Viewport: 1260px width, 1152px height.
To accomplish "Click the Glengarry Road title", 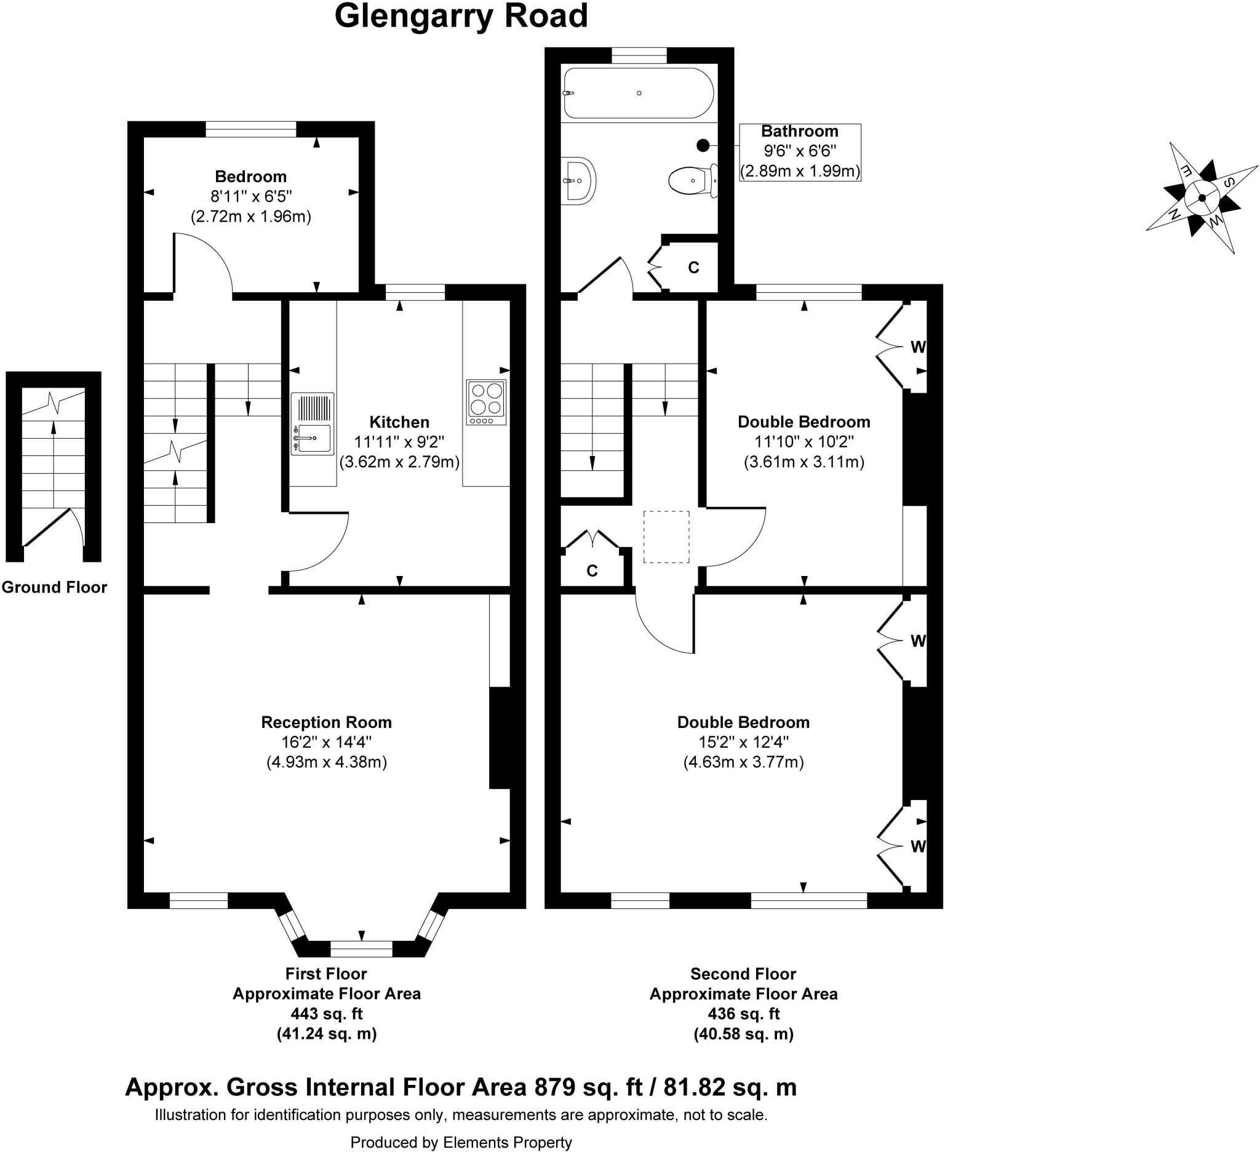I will tap(461, 17).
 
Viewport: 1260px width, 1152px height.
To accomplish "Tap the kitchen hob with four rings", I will tap(486, 402).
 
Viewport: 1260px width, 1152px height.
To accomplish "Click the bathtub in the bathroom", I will tap(638, 93).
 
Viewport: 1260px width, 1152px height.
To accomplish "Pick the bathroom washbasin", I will tap(580, 181).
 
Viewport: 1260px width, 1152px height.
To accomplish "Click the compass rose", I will tap(1202, 198).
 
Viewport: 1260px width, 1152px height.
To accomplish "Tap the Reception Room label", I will tap(326, 722).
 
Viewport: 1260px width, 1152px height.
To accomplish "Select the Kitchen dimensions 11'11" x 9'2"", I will tap(399, 442).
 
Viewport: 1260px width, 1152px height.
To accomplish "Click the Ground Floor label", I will tap(54, 588).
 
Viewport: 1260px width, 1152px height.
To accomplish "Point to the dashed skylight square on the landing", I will tap(666, 537).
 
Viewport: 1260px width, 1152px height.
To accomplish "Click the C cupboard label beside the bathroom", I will tap(693, 268).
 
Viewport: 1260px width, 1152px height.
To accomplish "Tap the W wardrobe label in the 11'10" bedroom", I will tap(917, 347).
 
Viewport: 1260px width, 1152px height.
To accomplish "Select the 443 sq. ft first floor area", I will tap(326, 1014).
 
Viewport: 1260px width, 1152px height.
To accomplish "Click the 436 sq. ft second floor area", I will tap(743, 1014).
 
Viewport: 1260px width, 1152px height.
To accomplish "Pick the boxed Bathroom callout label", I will tap(799, 152).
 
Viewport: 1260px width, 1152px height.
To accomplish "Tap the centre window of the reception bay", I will tap(361, 949).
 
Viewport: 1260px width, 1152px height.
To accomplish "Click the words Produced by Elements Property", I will tap(461, 1143).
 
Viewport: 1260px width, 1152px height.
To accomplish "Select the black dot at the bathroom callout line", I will tap(703, 146).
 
